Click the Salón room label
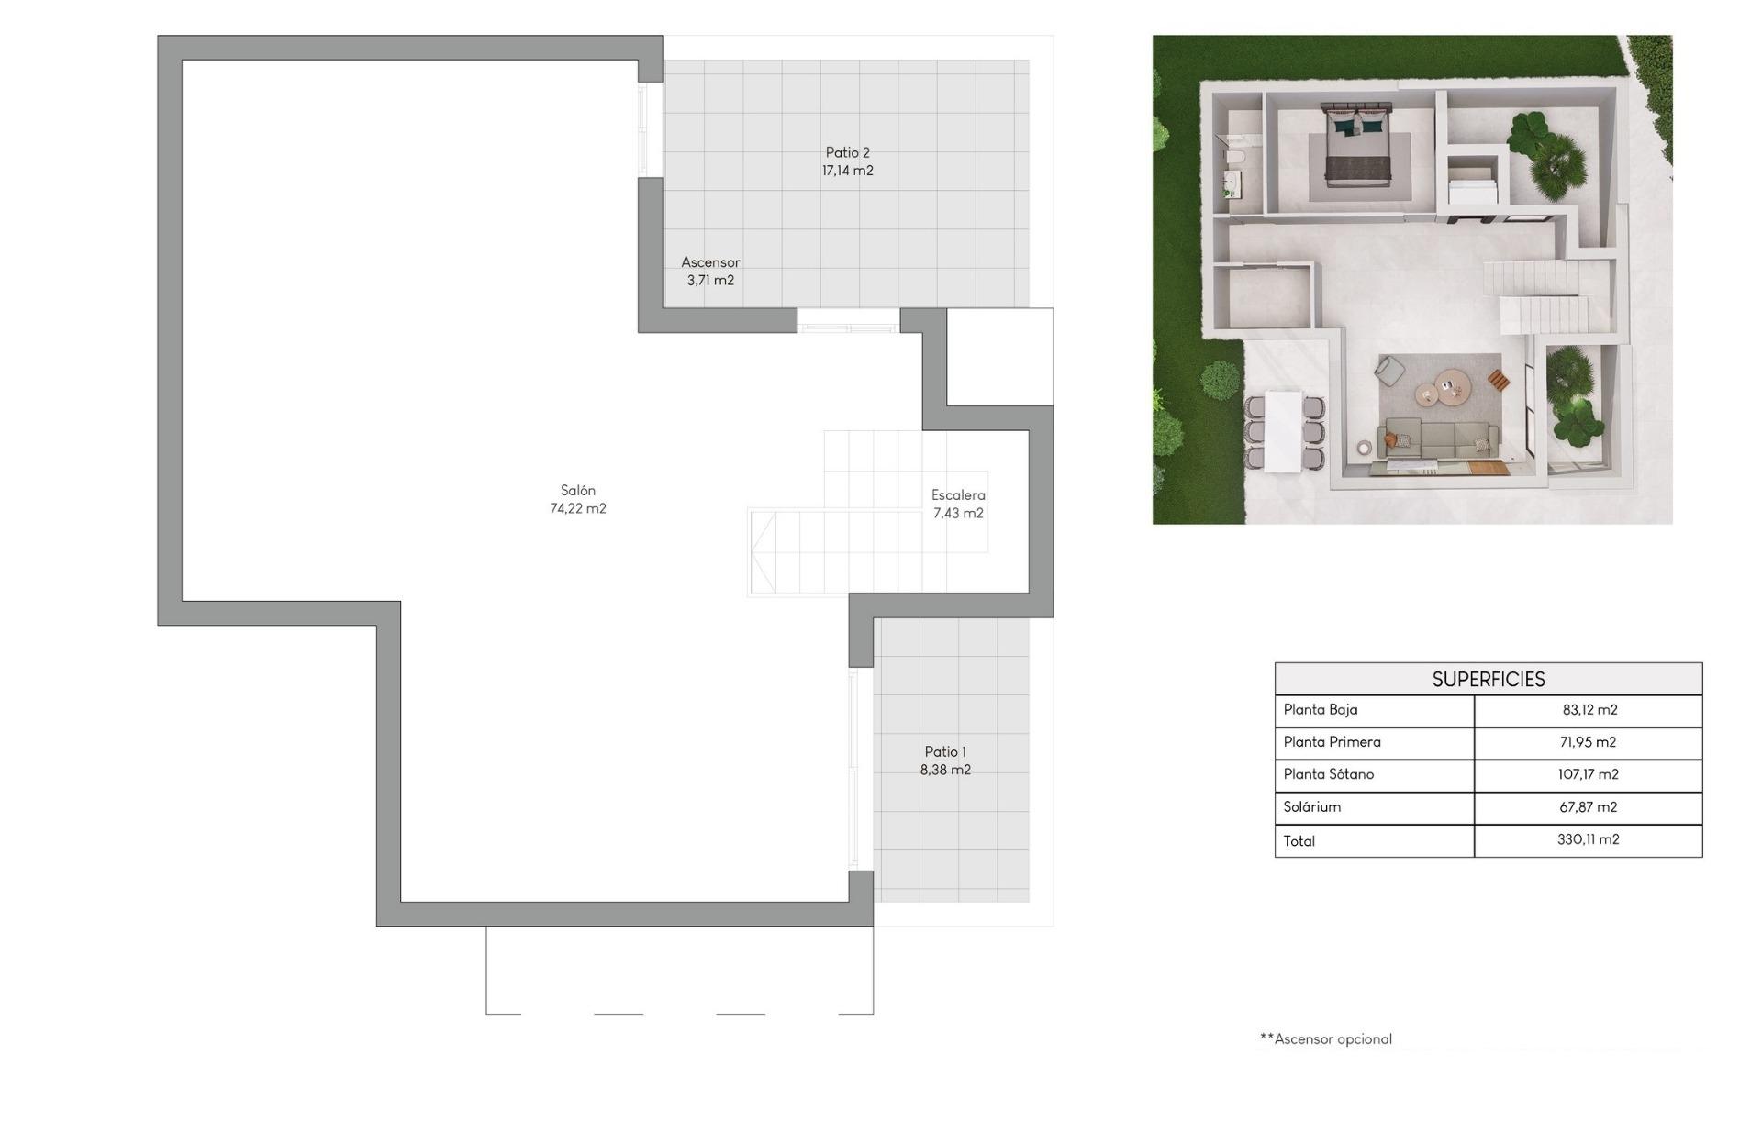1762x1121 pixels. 578,491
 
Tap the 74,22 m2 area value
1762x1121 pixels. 578,509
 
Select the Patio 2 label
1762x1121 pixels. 847,153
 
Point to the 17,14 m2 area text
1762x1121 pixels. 847,171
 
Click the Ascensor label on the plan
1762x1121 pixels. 710,262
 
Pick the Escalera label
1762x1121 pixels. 958,495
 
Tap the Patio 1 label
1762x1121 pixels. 945,752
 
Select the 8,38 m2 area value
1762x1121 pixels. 945,771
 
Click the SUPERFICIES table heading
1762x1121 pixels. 1489,680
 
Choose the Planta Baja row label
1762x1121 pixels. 1321,709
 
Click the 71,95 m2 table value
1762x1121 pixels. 1588,742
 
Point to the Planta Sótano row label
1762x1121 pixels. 1329,774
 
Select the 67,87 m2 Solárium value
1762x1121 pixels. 1588,807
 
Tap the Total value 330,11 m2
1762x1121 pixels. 1588,839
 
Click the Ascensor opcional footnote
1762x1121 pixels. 1326,1039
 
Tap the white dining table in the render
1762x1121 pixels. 1284,430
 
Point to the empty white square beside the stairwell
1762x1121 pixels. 999,357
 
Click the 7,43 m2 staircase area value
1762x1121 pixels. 958,514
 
